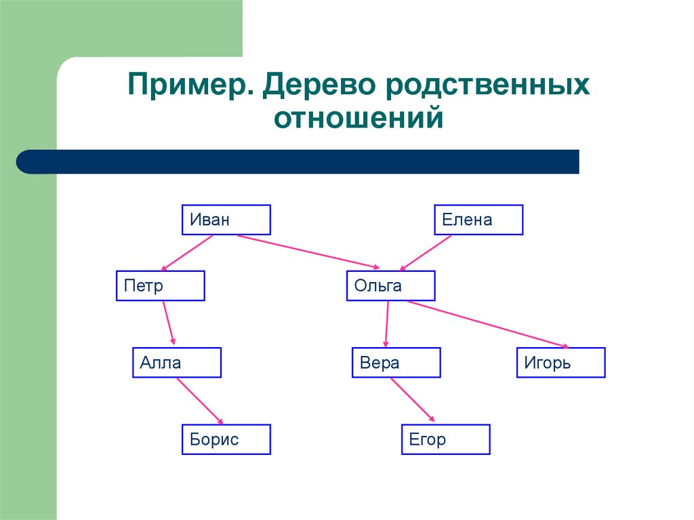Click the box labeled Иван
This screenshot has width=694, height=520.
tap(226, 220)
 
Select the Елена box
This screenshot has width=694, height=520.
tap(478, 220)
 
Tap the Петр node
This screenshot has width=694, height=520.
tap(160, 285)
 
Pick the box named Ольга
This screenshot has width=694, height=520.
tap(391, 285)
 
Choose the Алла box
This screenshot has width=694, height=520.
tap(177, 362)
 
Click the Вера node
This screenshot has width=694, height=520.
tap(396, 362)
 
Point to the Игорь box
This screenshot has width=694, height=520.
tap(560, 362)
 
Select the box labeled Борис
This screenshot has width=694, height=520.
tap(226, 439)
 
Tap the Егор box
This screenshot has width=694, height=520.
tap(446, 439)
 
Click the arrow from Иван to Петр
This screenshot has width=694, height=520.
tap(187, 253)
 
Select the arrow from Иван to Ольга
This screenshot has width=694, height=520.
tap(308, 252)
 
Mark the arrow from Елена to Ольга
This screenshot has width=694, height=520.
tap(426, 253)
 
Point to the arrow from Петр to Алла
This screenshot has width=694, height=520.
tap(169, 323)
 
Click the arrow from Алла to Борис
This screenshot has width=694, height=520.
tap(200, 401)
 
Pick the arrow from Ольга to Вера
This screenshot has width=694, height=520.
tap(387, 324)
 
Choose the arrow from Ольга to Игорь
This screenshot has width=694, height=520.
tap(488, 325)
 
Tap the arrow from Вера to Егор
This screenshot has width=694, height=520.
tap(413, 400)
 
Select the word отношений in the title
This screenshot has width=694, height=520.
tap(359, 118)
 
